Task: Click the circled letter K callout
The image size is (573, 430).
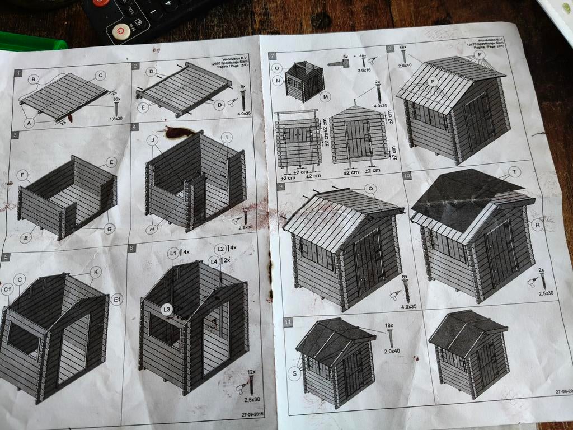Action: click(x=96, y=272)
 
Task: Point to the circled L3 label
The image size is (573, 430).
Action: click(x=166, y=309)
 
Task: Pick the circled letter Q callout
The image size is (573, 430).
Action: click(x=370, y=189)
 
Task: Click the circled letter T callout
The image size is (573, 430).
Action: click(x=514, y=171)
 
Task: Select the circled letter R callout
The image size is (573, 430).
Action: click(x=538, y=225)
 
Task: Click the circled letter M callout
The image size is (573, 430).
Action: click(x=326, y=96)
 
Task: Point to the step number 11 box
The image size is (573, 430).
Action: click(x=288, y=322)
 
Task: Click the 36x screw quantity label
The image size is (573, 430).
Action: click(x=116, y=99)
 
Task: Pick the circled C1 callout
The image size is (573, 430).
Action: click(x=7, y=289)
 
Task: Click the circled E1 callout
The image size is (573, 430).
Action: click(x=117, y=300)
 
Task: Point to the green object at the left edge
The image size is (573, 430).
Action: click(x=31, y=42)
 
